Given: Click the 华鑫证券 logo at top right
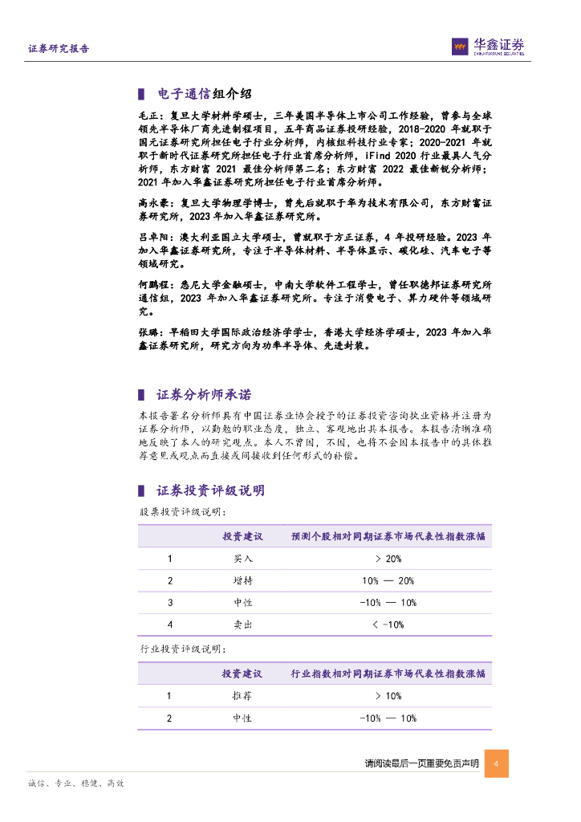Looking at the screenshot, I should (x=487, y=47).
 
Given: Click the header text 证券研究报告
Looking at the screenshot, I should (x=59, y=48).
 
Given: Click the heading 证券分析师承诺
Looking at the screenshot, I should (x=203, y=395).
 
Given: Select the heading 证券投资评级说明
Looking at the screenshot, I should (x=210, y=490).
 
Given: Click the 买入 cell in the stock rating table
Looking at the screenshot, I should (x=243, y=559).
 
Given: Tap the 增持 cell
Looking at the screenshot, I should (x=243, y=580).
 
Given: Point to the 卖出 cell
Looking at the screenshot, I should (x=243, y=624).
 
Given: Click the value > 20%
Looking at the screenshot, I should (x=388, y=559).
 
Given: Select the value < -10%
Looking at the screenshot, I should (x=388, y=624).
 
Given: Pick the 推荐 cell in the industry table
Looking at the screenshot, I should (x=243, y=696).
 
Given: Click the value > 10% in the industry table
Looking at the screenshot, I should (x=388, y=696).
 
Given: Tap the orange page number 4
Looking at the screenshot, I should (x=497, y=763).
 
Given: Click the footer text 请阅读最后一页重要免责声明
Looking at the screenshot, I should (x=421, y=763).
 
